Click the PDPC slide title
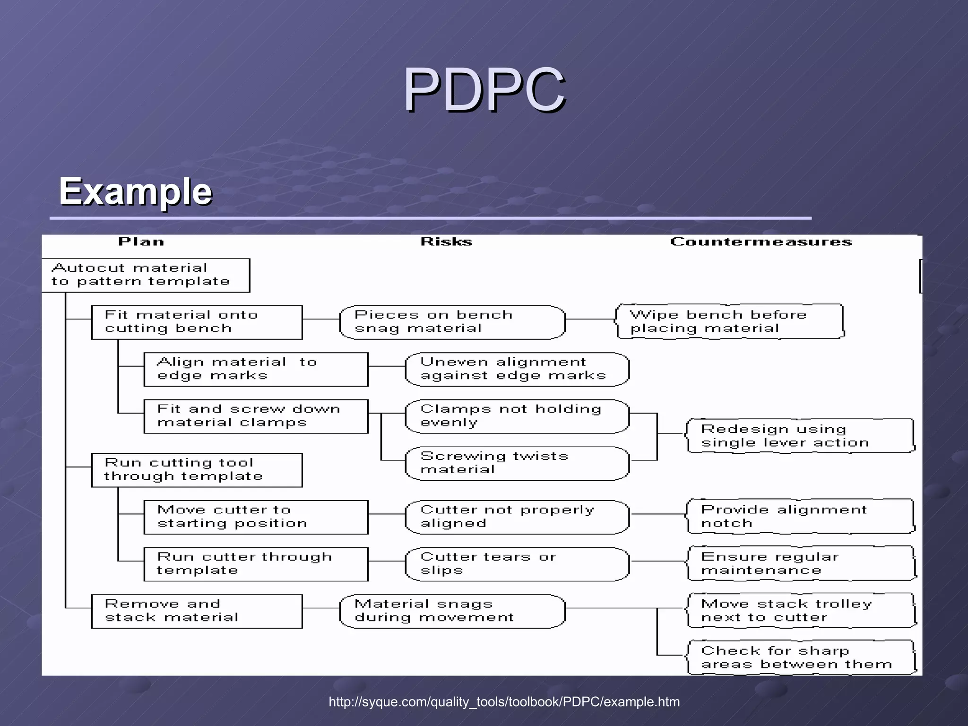pos(484,90)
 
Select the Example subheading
pos(135,191)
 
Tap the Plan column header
pos(141,242)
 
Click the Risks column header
pos(446,242)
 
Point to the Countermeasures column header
pos(761,242)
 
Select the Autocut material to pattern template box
pos(146,275)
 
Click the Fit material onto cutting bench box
pos(197,322)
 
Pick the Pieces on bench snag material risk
pos(452,322)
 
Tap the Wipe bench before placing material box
pos(730,321)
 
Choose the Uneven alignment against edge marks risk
pos(517,369)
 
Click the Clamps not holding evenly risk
pos(517,416)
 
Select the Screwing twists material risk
pos(517,463)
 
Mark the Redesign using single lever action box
pos(800,436)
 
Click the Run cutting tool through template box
pos(197,470)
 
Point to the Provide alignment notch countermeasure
pos(800,516)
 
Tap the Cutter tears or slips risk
pos(517,564)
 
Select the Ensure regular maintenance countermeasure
pos(800,563)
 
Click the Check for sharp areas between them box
pos(800,657)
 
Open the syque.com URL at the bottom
pos(504,702)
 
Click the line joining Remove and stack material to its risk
pos(321,608)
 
